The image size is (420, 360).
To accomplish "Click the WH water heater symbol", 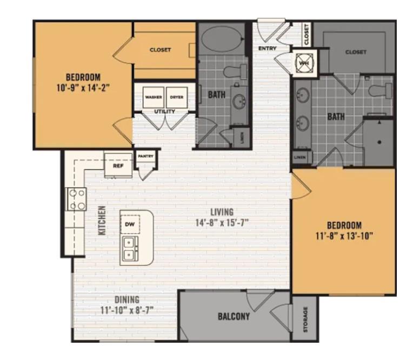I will [303, 62].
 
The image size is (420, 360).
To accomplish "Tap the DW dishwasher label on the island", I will [130, 224].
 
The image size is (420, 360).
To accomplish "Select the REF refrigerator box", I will [118, 166].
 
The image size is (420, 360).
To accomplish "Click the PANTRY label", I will [145, 157].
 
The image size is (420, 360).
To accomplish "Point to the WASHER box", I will [154, 97].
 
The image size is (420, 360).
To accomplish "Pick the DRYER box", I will [176, 97].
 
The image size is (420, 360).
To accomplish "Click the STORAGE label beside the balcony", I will [305, 319].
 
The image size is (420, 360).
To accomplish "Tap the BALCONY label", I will [234, 317].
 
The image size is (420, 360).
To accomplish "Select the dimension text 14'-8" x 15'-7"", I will [222, 222].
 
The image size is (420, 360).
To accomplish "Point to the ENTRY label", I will [268, 49].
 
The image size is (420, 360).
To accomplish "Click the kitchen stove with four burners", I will [76, 198].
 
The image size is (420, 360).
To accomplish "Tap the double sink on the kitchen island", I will [130, 249].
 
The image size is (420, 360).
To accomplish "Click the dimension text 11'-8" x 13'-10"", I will [344, 235].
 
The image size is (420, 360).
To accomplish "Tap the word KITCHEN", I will [102, 220].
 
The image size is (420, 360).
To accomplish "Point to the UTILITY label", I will [164, 112].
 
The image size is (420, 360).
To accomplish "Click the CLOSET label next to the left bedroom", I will [160, 50].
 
